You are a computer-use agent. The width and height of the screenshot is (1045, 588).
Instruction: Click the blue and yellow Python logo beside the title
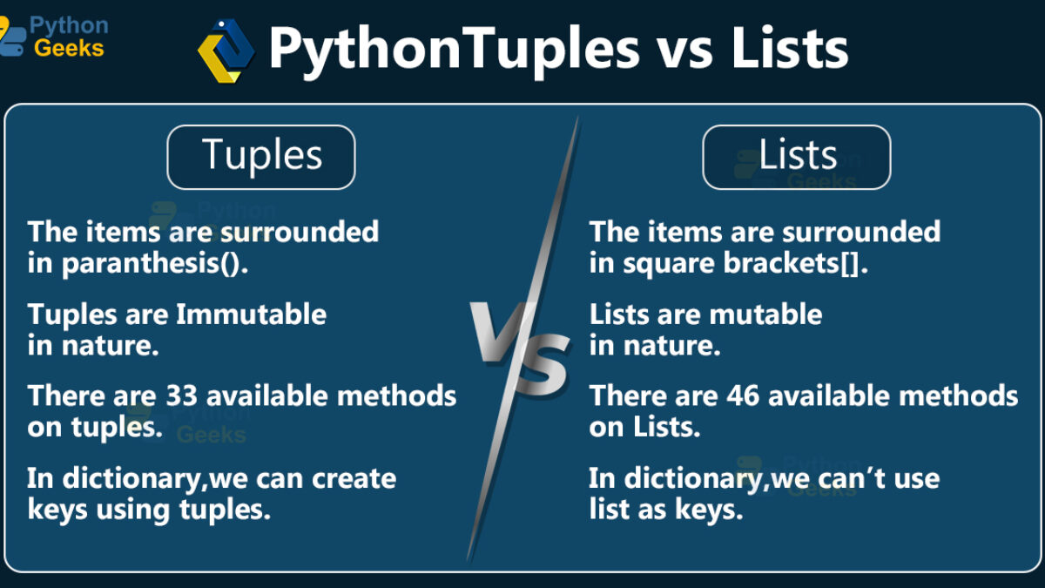click(226, 51)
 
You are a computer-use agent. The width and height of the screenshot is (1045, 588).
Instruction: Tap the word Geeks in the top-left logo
click(69, 48)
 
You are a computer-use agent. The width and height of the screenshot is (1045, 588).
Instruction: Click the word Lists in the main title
click(790, 48)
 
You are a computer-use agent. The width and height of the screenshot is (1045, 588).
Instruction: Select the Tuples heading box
click(261, 158)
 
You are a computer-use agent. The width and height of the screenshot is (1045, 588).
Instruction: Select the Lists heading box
click(797, 158)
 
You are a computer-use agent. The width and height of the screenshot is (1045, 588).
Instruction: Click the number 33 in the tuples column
click(182, 395)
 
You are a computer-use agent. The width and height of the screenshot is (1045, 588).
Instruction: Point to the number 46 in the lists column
click(743, 395)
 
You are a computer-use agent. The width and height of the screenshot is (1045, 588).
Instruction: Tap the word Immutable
click(251, 314)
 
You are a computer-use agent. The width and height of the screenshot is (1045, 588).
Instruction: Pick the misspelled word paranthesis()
click(155, 264)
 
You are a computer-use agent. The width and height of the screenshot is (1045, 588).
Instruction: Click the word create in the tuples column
click(354, 479)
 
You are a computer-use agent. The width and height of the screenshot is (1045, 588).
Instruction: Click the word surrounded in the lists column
click(861, 232)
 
